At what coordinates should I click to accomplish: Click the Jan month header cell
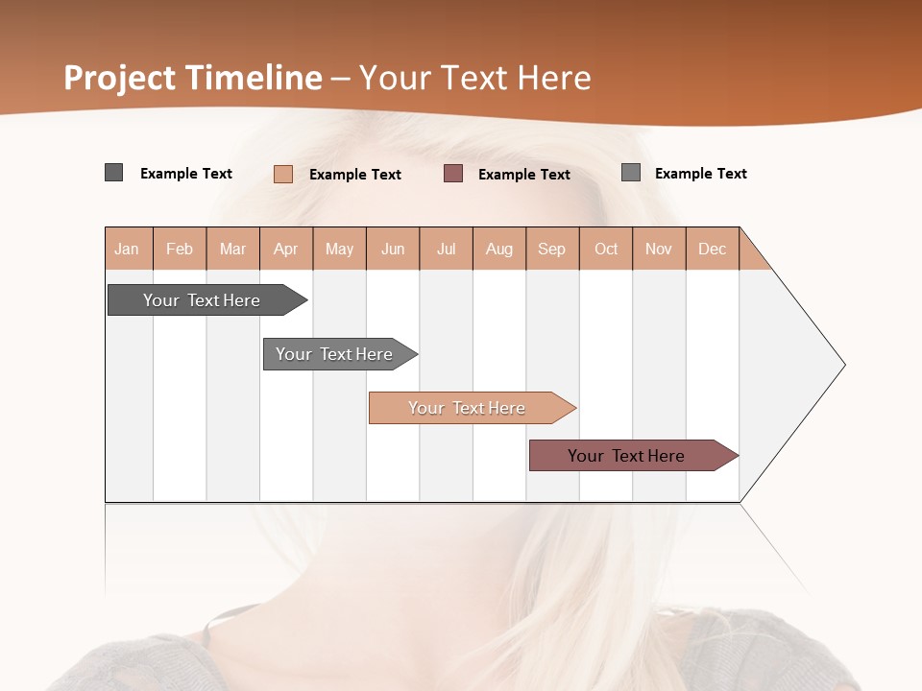click(128, 249)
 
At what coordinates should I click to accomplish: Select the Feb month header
click(180, 249)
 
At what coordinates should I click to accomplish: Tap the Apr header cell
click(286, 249)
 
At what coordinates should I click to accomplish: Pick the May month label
click(339, 249)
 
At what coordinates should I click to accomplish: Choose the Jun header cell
click(393, 249)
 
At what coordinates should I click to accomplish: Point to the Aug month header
click(499, 249)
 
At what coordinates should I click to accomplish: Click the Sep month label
click(552, 249)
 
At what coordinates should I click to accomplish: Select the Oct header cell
click(606, 249)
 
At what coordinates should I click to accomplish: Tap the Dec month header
click(713, 249)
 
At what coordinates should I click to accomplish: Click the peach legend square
click(283, 174)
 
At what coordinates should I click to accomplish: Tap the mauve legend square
click(453, 174)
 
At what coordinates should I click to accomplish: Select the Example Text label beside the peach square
click(355, 175)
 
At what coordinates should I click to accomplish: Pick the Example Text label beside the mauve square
click(524, 175)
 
